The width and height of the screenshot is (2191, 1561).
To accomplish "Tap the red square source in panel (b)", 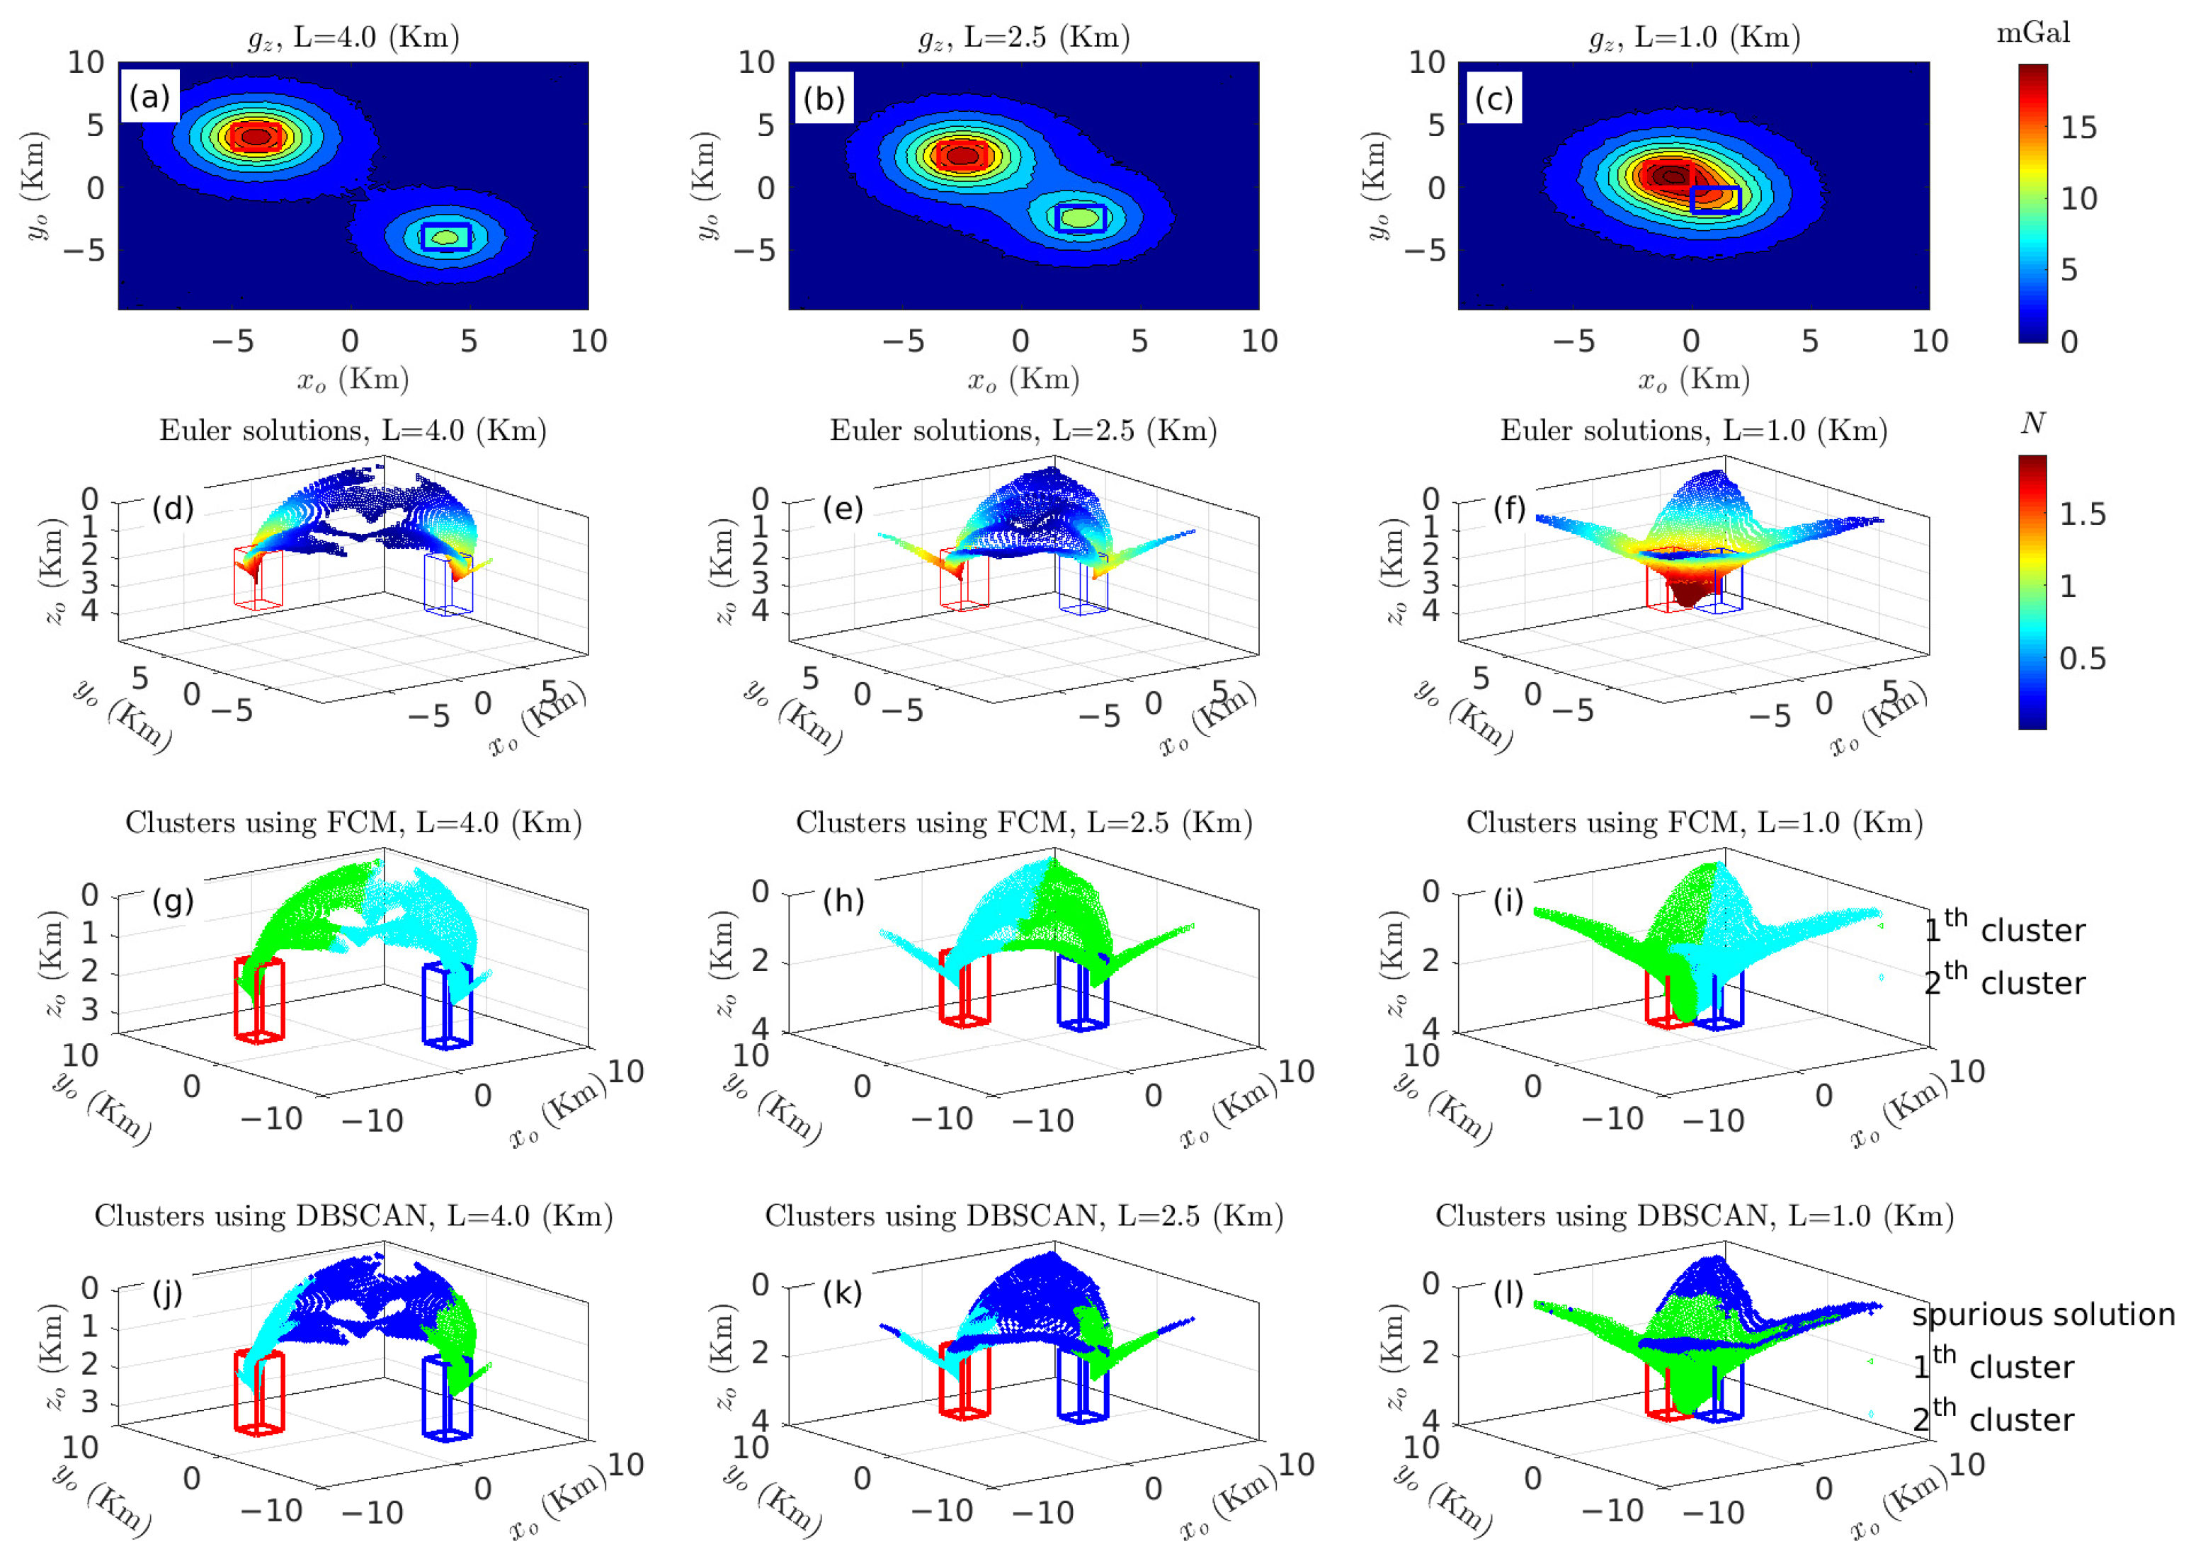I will [x=962, y=154].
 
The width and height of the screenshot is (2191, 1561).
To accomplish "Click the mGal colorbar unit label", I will [x=2033, y=34].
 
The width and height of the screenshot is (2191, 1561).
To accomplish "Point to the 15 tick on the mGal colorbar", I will [x=2078, y=127].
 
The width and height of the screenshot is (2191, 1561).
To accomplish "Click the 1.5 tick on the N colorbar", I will [x=2081, y=515].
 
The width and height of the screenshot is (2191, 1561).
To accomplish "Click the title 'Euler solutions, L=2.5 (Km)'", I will [x=1023, y=430].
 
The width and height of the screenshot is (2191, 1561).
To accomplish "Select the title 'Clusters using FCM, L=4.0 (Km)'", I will [x=353, y=823].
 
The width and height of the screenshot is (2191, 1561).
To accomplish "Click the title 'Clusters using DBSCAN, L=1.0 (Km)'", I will [x=1694, y=1216].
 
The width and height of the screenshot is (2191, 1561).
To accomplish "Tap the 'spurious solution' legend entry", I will [x=2042, y=1315].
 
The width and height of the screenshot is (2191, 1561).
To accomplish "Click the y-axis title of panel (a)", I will [x=35, y=186].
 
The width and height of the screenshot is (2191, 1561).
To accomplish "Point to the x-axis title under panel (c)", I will [x=1694, y=380].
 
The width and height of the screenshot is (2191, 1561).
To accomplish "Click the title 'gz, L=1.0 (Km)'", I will [x=1694, y=37].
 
